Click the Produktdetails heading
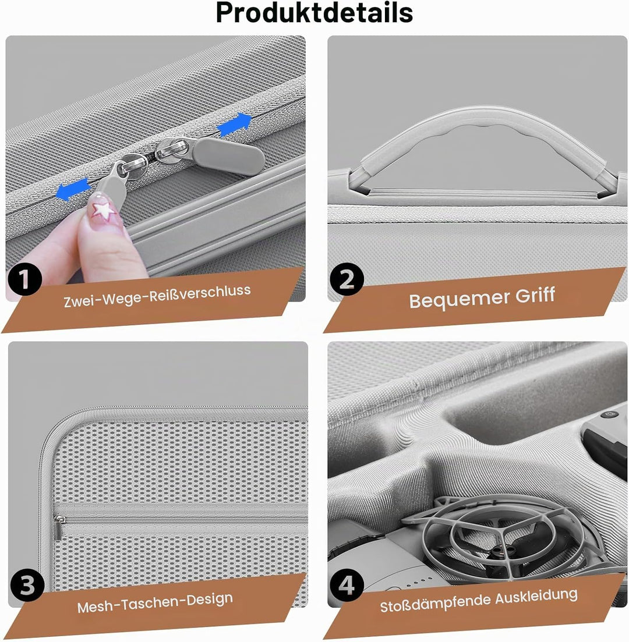coord(314,13)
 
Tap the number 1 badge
coord(25,279)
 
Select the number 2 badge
coord(347,279)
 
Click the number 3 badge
coord(27,585)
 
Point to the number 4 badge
coord(347,585)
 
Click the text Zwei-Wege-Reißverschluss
coord(157,296)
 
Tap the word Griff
coord(535,295)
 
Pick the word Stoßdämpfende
coord(434,602)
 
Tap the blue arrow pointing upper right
coord(234,124)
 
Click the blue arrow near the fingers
coord(73,190)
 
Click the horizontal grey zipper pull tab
coord(228,156)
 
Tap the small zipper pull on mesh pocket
coord(58,528)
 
